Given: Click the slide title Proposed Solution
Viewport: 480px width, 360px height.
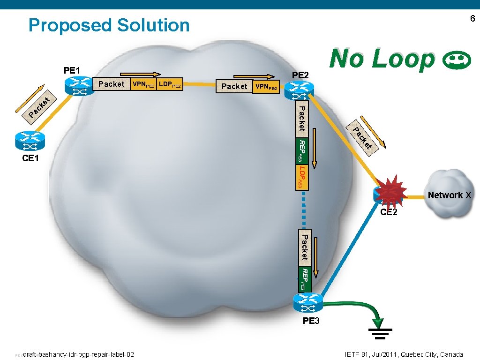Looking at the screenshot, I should (109, 25).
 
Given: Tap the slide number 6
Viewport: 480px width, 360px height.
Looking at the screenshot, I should (472, 19).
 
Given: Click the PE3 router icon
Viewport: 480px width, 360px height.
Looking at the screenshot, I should (307, 303).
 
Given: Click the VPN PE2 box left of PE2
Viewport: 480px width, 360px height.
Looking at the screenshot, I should (266, 87).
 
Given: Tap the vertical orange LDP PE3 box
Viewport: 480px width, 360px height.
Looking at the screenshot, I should (303, 177).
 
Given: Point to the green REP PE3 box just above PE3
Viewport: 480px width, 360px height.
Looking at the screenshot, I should (303, 279).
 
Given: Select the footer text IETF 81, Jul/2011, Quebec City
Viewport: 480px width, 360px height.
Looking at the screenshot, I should (404, 354).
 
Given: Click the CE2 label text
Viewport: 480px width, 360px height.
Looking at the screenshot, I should (389, 212).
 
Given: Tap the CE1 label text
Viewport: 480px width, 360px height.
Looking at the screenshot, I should (30, 158).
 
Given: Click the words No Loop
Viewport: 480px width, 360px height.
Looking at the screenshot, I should (382, 59).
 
